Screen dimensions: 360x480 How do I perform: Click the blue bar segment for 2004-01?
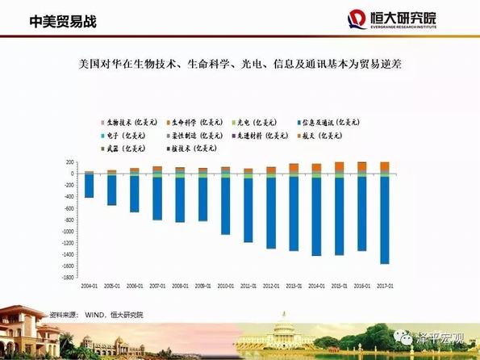[x=89, y=186]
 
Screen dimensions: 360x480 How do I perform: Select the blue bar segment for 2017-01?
[x=384, y=220]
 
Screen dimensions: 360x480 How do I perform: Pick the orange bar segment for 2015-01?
[x=339, y=167]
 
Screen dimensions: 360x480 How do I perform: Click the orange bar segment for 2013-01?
[x=294, y=168]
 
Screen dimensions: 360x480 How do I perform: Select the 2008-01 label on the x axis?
[x=180, y=287]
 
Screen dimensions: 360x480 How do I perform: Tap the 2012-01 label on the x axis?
[x=270, y=287]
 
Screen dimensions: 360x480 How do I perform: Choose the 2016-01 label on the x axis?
[x=361, y=287]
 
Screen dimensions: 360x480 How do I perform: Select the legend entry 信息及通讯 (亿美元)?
[x=336, y=121]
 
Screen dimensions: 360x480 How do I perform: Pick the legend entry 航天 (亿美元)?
[x=335, y=135]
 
